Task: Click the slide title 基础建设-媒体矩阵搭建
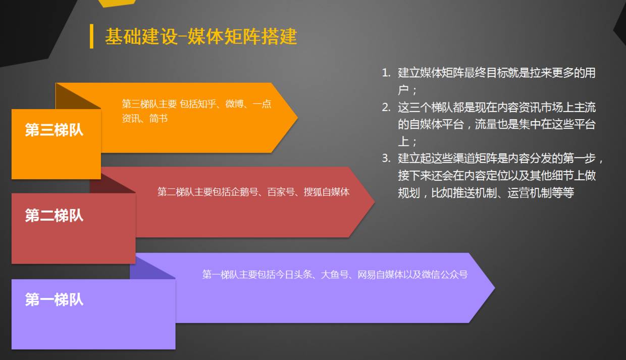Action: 200,37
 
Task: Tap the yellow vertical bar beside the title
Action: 91,36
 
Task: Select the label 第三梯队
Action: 54,130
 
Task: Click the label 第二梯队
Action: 54,216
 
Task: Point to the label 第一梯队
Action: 54,299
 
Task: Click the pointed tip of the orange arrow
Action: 297,118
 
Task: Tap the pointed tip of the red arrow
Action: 374,202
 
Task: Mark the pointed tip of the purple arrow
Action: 494,288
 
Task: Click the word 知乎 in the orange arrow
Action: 207,104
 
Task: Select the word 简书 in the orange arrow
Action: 159,119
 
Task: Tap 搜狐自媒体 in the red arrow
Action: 327,192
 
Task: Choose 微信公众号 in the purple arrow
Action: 445,275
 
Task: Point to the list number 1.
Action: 386,73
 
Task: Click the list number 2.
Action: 386,108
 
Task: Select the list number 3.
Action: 386,159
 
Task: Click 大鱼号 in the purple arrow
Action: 335,275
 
